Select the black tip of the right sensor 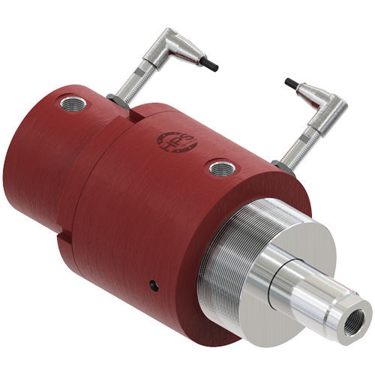[289, 82]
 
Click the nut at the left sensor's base [116, 100]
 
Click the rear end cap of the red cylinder [30, 172]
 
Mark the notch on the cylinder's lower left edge [64, 241]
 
